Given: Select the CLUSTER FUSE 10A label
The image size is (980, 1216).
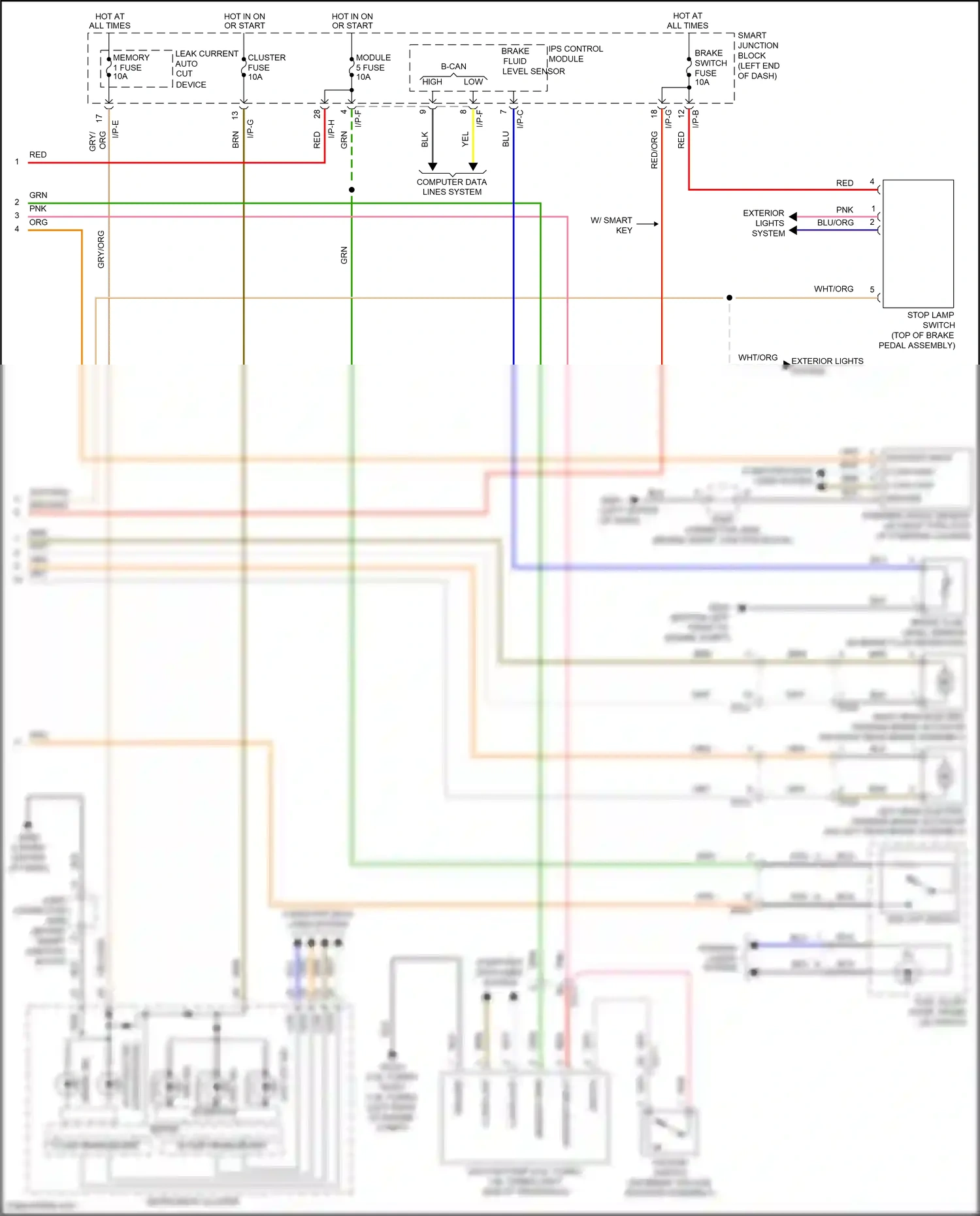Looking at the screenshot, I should [x=265, y=67].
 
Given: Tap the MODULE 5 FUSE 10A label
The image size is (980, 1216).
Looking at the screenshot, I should [x=372, y=67].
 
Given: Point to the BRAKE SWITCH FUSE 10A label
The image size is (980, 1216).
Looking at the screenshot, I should [x=710, y=67].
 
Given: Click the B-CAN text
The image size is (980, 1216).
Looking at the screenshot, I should [x=453, y=67].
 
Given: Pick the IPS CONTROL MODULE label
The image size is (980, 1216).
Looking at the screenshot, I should [x=575, y=54].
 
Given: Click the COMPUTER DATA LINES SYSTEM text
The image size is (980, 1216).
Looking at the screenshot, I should [x=451, y=187].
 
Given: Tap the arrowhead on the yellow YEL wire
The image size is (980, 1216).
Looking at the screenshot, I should [x=473, y=167].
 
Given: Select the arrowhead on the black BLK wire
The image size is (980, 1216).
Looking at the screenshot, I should [x=433, y=167].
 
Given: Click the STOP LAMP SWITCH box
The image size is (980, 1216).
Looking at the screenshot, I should [x=918, y=243].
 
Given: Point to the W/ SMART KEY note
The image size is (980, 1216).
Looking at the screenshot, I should [x=612, y=225].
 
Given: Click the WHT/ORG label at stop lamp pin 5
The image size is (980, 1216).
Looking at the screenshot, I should [x=833, y=289].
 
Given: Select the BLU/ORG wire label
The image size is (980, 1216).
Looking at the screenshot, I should [x=835, y=223].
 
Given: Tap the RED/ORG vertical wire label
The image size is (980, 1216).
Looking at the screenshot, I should [x=654, y=150].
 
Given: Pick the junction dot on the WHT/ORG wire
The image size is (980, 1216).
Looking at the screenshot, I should [x=729, y=298].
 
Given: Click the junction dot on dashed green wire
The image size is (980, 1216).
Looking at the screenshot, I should [x=351, y=190].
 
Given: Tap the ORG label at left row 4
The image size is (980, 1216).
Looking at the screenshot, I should [x=39, y=223].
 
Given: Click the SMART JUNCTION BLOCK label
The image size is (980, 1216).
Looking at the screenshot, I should [x=758, y=56].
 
